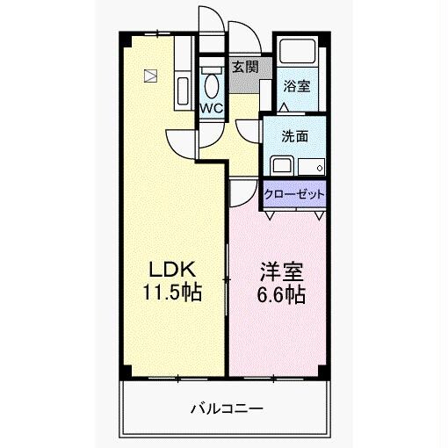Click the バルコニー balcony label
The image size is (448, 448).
point(225,408)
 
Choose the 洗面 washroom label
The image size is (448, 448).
point(294,137)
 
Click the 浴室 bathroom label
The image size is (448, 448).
point(296,86)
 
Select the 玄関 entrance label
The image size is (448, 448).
point(244,65)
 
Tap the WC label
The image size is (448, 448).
point(212,108)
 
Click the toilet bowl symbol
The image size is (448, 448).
point(211,85)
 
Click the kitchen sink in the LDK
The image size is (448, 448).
point(184,91)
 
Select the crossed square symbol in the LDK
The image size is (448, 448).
point(151,76)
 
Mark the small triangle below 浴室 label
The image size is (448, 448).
point(284,107)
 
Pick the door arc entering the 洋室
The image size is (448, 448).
point(243,191)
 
